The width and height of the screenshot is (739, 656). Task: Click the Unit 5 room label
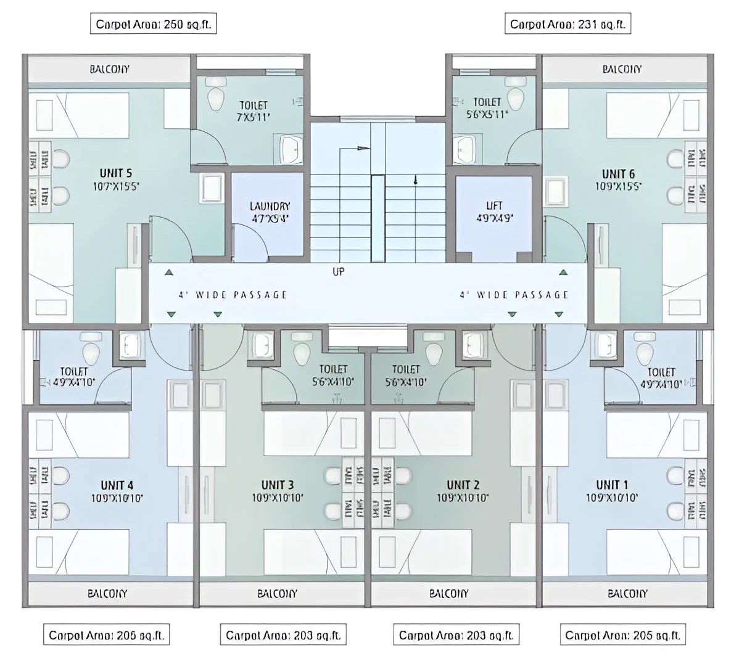click(116, 173)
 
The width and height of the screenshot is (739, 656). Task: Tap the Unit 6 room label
click(618, 173)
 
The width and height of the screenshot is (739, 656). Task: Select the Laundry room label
click(270, 207)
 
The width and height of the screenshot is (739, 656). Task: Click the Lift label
click(494, 205)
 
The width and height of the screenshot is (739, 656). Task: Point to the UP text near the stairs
click(339, 271)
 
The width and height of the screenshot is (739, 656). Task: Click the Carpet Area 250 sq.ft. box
click(154, 25)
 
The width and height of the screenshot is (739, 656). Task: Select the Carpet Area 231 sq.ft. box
click(568, 25)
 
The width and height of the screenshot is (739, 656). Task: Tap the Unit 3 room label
click(278, 485)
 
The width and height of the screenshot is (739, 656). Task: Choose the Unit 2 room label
click(463, 485)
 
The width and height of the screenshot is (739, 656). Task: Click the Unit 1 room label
click(612, 485)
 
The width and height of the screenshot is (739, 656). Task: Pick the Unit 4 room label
click(117, 485)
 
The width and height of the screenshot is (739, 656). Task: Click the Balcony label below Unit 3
click(277, 593)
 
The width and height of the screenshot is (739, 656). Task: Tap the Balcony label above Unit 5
click(110, 69)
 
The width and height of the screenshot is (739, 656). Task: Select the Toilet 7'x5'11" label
click(253, 111)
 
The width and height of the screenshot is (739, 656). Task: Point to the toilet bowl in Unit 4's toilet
click(92, 351)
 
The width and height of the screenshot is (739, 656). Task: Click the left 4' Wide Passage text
click(233, 295)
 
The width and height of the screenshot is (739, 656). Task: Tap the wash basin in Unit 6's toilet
click(464, 149)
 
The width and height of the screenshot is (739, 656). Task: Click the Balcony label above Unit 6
click(622, 69)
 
